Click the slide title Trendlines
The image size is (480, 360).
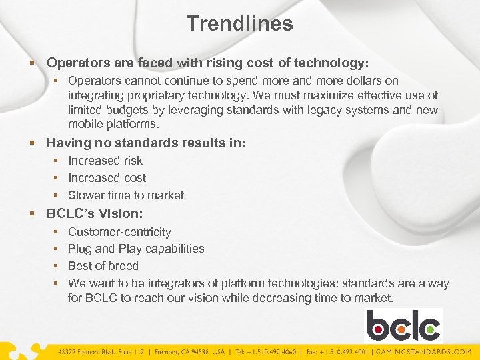[x=239, y=24]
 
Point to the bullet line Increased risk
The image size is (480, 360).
[x=105, y=161]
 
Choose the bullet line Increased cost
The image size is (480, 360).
[x=107, y=178]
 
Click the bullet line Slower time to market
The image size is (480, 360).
[x=126, y=195]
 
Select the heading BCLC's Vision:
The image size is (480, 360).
[x=95, y=214]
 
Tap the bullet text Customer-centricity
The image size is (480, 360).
[x=119, y=232]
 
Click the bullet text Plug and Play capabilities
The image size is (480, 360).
[x=136, y=249]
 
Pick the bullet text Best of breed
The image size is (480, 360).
[x=103, y=266]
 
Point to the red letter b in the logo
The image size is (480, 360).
[x=377, y=326]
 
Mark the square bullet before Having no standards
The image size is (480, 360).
[x=33, y=143]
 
